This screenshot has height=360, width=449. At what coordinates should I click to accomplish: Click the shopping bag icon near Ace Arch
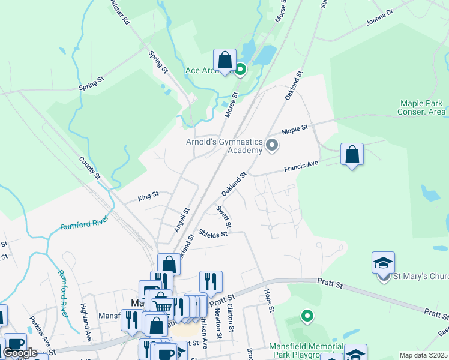pyautogui.click(x=224, y=61)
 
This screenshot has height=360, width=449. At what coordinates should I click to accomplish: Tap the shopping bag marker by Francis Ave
pyautogui.click(x=352, y=155)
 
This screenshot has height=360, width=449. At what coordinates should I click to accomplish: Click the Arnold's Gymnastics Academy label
pyautogui.click(x=224, y=146)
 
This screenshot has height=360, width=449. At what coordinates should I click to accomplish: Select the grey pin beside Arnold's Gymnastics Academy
pyautogui.click(x=272, y=145)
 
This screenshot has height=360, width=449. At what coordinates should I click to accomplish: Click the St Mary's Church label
pyautogui.click(x=421, y=277)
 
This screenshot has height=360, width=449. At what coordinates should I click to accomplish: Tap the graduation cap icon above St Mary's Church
pyautogui.click(x=383, y=263)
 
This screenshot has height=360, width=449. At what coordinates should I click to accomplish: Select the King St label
pyautogui.click(x=148, y=195)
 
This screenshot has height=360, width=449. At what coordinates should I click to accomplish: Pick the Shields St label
pyautogui.click(x=214, y=234)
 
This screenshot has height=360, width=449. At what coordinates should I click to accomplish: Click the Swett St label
pyautogui.click(x=223, y=217)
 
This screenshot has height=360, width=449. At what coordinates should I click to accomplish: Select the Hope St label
pyautogui.click(x=269, y=301)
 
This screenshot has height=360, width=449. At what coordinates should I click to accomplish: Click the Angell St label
pyautogui.click(x=181, y=220)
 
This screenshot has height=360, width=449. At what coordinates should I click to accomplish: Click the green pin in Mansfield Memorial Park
pyautogui.click(x=307, y=316)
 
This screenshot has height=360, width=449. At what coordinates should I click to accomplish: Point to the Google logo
pyautogui.click(x=20, y=353)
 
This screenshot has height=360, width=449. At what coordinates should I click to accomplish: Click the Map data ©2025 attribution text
pyautogui.click(x=423, y=355)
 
